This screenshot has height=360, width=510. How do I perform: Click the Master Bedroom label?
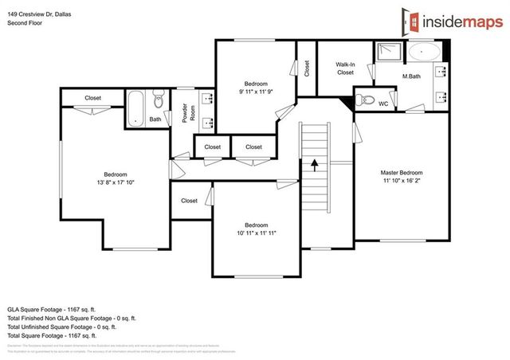click(x=401, y=173)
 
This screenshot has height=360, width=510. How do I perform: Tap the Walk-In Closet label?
click(x=345, y=68)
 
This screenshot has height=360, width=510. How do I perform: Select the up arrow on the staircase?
click(x=315, y=165)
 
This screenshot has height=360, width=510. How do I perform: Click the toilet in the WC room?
click(x=366, y=99)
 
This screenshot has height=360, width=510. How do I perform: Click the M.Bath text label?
click(x=411, y=76)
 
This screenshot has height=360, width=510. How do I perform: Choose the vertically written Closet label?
click(x=307, y=69)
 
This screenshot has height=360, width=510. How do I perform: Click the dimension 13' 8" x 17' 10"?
click(x=115, y=182)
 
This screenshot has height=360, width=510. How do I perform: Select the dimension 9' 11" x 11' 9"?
click(x=256, y=92)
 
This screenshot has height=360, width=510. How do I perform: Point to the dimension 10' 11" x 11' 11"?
click(x=256, y=233)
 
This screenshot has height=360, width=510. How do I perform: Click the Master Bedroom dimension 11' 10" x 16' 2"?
click(x=401, y=182)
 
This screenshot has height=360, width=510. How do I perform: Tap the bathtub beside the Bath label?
click(x=136, y=107)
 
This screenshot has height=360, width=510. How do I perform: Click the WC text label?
click(x=383, y=104)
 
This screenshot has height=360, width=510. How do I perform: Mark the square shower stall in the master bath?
click(x=390, y=53)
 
